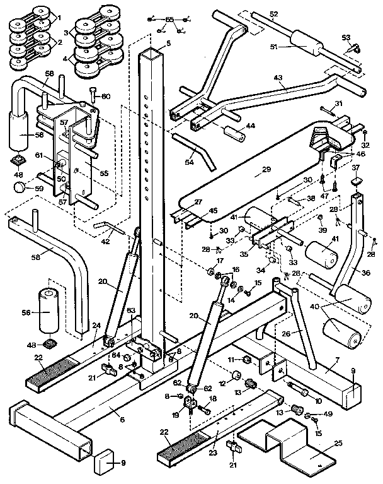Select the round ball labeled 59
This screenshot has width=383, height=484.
click(x=20, y=187)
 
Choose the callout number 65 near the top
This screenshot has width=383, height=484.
click(x=168, y=20)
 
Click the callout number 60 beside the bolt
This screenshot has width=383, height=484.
click(x=106, y=96)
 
